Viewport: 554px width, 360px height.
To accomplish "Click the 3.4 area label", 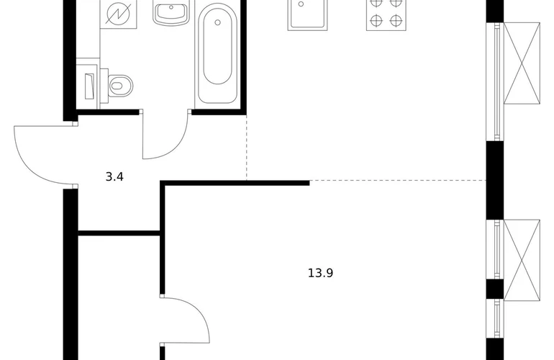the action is point(114,176).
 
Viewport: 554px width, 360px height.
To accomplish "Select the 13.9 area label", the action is point(320,273).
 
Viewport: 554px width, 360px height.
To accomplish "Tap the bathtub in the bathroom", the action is point(217,53).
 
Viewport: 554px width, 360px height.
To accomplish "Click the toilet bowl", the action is point(121,85).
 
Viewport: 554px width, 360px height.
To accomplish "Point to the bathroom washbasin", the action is point(171,13).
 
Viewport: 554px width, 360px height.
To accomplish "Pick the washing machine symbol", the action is point(119,14).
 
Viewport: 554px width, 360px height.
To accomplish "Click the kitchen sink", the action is point(307,15).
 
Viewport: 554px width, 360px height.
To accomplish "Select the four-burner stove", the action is point(386,15).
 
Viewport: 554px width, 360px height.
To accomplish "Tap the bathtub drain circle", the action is point(217,22).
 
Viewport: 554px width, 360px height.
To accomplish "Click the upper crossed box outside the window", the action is point(522,63).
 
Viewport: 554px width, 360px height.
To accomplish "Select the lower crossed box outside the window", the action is point(522,260).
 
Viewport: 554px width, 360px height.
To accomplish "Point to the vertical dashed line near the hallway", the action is point(247,148).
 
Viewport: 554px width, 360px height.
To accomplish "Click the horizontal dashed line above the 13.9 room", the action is point(398,180).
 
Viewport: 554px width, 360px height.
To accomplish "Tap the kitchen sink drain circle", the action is point(301,4).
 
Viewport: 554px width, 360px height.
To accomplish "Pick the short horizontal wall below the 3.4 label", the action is point(119,233).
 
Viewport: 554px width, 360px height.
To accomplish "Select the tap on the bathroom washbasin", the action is point(171,6).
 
